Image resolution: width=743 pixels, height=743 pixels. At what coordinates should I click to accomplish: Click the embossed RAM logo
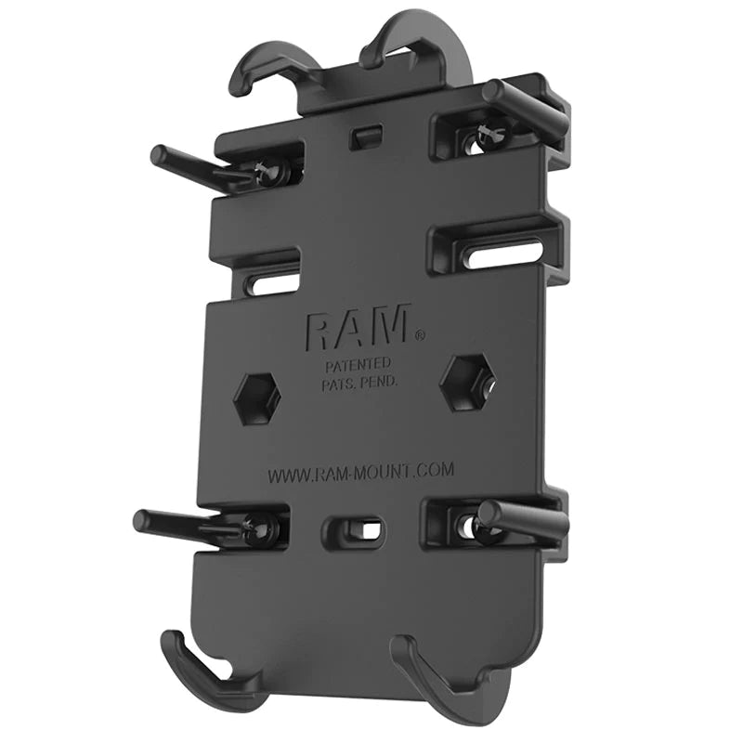(358, 328)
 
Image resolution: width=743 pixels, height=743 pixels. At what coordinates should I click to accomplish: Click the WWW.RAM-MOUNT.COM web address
(361, 472)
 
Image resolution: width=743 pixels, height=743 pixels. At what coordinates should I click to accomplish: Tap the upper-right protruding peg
(524, 107)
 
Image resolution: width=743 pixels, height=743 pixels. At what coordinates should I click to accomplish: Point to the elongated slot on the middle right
(502, 250)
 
